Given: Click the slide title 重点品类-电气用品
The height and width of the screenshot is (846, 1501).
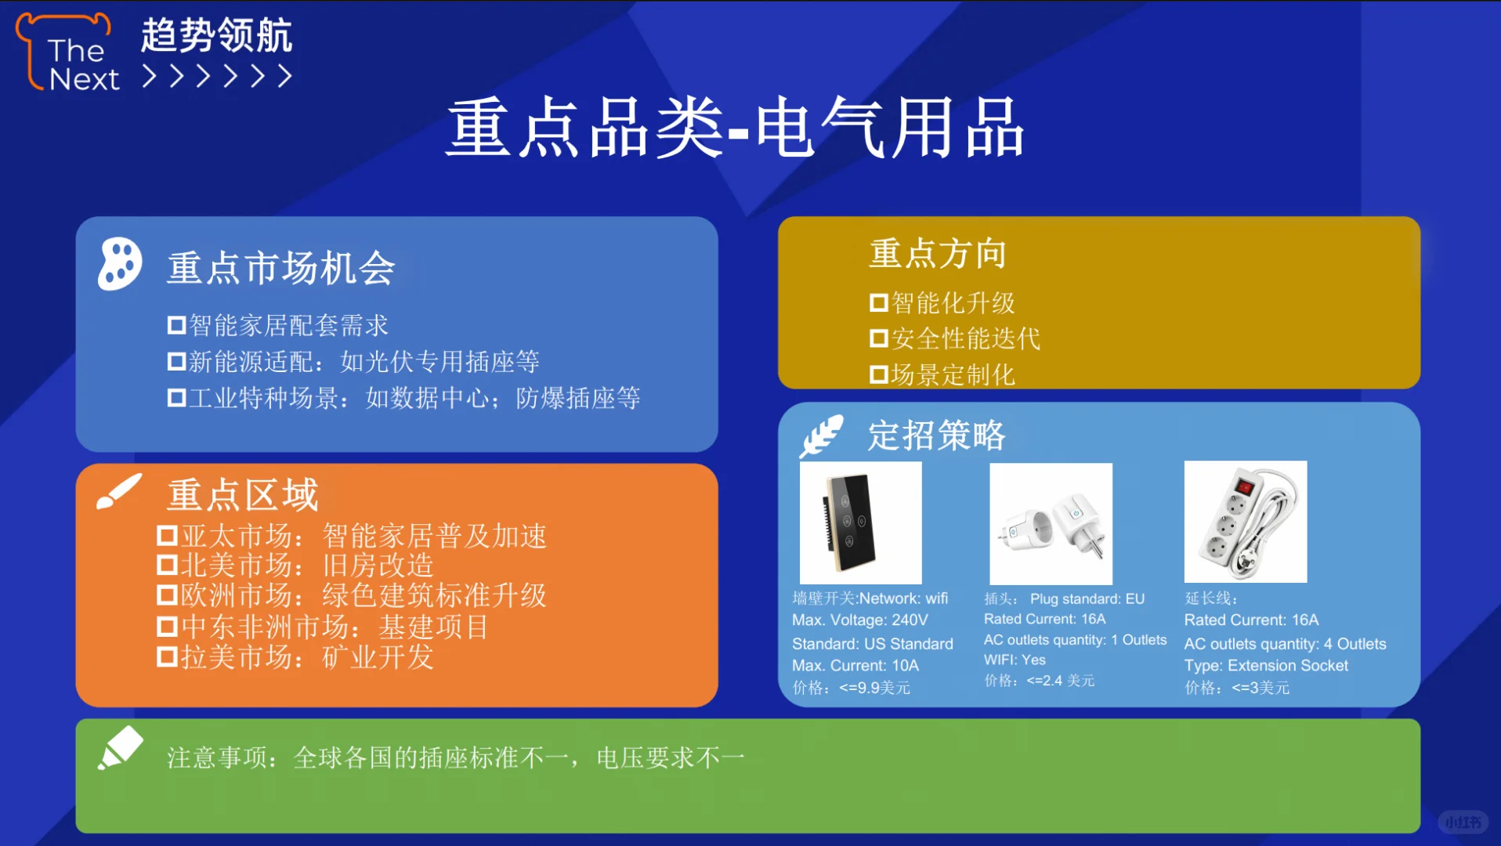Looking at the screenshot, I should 735,128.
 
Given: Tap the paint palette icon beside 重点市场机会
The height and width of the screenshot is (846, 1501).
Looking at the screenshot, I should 120,264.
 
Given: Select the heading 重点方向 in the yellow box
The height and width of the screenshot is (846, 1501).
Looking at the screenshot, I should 937,254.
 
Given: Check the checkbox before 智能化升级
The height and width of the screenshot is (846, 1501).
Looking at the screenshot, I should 878,302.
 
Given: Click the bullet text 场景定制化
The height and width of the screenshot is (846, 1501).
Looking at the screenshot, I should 952,375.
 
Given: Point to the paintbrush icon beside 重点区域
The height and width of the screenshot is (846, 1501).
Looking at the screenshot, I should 118,492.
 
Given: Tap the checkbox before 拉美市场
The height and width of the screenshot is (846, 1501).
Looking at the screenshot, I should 167,656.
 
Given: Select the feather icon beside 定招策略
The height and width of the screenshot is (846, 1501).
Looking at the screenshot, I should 821,436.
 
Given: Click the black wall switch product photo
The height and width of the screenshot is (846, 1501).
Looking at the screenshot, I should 859,522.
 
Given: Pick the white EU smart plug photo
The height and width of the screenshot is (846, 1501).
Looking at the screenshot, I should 1051,523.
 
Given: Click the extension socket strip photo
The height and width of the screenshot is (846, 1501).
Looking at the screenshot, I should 1245,522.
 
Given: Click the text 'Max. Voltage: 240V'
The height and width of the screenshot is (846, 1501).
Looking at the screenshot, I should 859,620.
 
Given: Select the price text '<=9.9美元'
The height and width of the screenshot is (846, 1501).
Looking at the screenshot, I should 873,688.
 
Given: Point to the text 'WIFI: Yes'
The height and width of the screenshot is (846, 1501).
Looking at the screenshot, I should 1015,660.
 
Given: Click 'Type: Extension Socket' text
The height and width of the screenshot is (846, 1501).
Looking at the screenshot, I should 1265,666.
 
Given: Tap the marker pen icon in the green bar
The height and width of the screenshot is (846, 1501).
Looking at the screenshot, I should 120,748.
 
